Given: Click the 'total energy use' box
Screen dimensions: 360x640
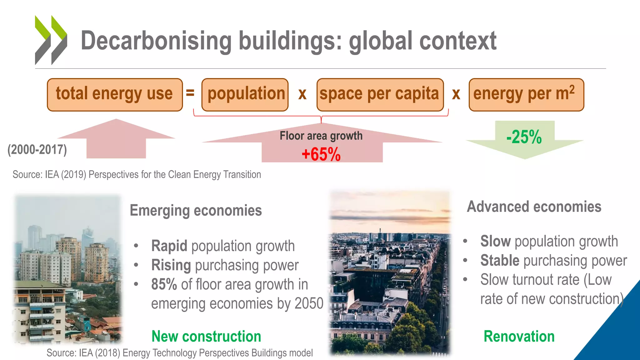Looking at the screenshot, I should point(115,95).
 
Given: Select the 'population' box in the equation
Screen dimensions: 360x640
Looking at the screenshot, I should point(245,95).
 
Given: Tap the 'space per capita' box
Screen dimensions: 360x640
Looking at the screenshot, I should point(380,95).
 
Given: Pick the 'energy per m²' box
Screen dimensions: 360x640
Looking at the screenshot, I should point(526,95).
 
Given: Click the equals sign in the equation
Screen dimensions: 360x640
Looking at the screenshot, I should point(190,93).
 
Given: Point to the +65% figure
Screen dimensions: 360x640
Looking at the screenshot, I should point(321,154).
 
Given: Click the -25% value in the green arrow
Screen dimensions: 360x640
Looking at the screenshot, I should point(524,137).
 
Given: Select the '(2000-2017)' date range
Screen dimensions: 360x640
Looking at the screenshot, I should point(37,150).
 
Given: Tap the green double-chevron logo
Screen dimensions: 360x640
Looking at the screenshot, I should point(51,40).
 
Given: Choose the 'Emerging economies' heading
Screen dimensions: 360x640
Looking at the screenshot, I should point(196,210).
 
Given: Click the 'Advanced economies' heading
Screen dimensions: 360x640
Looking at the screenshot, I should point(534,207).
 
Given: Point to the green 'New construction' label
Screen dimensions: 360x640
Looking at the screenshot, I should point(206,337).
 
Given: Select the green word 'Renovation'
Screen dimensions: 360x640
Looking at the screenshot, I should point(519,337).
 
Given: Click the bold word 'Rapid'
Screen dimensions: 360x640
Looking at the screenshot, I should point(169,246).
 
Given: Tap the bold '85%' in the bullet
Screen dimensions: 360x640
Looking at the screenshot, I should point(164,284).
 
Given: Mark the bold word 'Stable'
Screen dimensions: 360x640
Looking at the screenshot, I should point(500,261).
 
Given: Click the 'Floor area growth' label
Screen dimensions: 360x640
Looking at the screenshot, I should point(321,136).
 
